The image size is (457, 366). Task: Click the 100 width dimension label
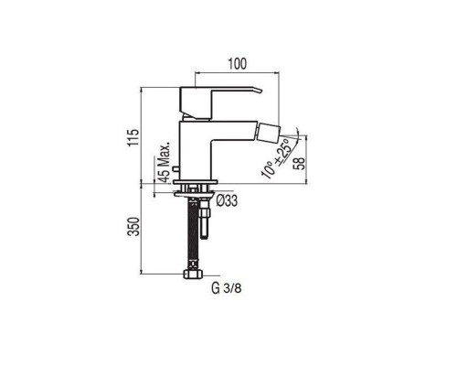(238, 64)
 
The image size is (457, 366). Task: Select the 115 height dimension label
(133, 137)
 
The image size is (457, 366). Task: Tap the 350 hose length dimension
(133, 226)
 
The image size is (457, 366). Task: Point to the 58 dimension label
(300, 163)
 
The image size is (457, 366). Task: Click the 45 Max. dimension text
(164, 163)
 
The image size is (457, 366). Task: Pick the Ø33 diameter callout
(228, 200)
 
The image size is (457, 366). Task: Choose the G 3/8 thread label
(227, 288)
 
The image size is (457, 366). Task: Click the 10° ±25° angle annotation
(276, 158)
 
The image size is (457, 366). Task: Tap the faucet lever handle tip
(261, 91)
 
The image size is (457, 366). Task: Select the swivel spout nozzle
(268, 133)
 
